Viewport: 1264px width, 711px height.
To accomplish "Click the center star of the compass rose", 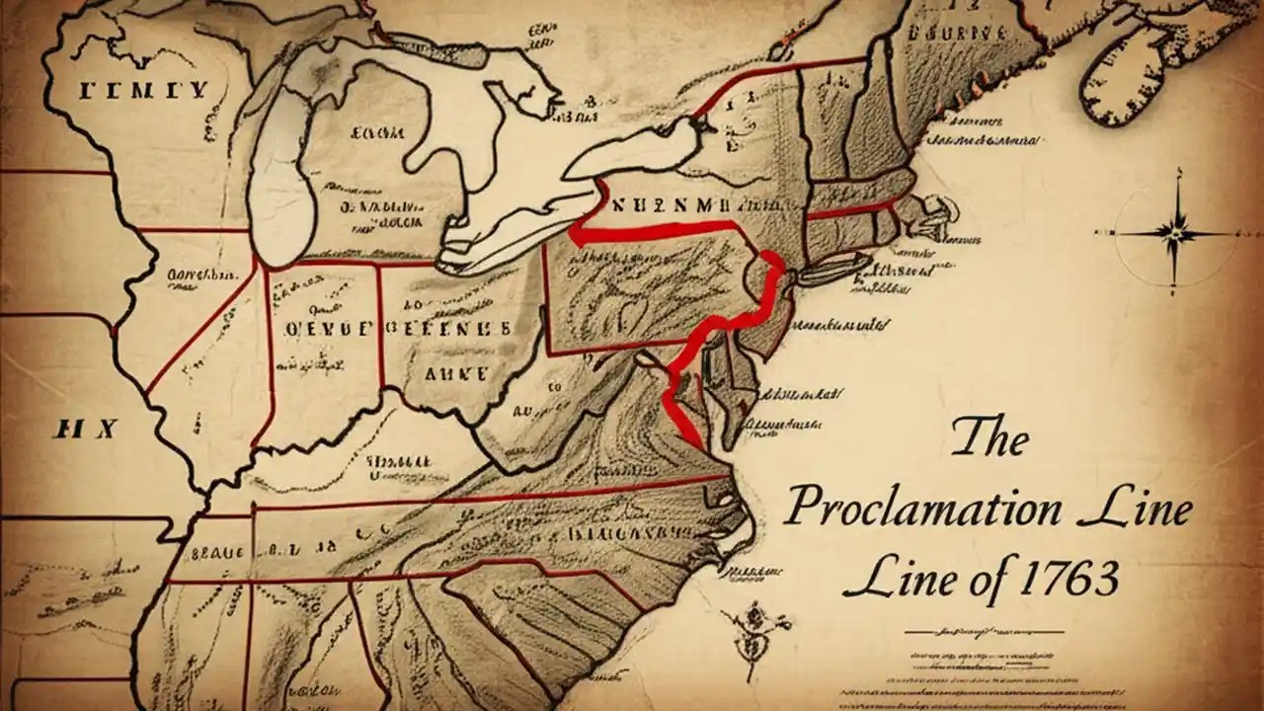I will [x=1176, y=233].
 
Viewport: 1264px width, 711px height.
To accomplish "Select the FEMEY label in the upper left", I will [x=144, y=91].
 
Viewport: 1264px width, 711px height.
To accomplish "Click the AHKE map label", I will [x=454, y=374].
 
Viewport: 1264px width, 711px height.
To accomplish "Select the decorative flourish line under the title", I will [x=983, y=630].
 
